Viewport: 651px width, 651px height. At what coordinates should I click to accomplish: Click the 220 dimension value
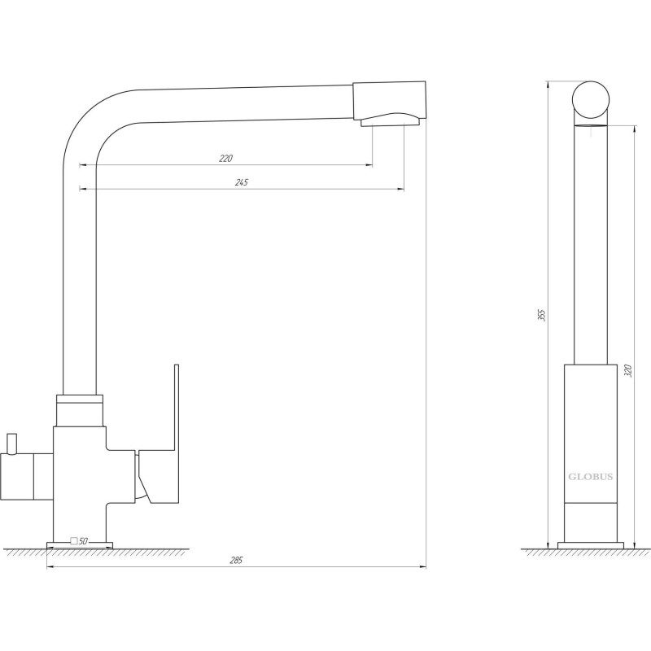(x=226, y=158)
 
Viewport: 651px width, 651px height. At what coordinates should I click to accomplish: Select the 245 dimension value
(x=242, y=182)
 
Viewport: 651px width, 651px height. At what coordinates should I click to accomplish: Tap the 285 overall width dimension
(x=236, y=561)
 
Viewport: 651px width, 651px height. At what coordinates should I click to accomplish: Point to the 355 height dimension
(x=541, y=316)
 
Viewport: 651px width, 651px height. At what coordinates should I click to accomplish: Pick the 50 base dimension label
(x=84, y=541)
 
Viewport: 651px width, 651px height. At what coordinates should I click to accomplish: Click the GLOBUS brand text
(x=591, y=477)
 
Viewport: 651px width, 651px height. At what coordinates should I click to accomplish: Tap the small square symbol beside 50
(x=74, y=541)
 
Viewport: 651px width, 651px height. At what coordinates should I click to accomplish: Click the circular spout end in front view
(x=591, y=99)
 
